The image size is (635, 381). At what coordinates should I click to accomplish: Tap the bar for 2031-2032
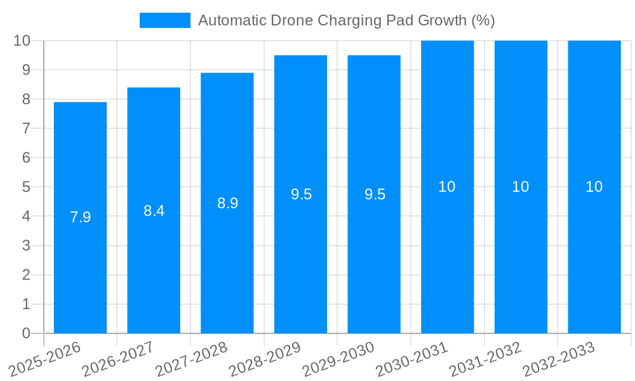pos(521,254)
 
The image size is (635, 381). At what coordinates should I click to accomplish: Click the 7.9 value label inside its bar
pos(80,217)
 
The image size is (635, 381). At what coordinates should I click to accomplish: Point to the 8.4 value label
pos(154,211)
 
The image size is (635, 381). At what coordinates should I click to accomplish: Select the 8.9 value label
pos(227,203)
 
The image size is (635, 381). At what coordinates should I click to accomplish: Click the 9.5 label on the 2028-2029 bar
pos(301,194)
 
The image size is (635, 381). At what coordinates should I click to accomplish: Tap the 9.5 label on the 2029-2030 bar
pos(375,194)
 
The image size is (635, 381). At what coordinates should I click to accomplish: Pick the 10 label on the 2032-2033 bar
pos(594,187)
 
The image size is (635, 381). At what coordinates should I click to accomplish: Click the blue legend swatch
pos(165,20)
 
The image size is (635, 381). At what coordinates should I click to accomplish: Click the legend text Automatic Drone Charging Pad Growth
pos(346,20)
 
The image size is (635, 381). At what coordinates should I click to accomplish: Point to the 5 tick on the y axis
pos(26,187)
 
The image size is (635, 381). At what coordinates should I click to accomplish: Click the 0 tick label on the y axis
pos(26,333)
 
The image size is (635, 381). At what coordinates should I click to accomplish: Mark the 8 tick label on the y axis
pos(26,99)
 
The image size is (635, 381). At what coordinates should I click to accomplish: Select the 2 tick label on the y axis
pos(26,275)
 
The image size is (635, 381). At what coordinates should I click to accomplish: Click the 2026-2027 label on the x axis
pos(118,359)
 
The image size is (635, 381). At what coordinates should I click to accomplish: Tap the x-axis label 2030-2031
pos(412,359)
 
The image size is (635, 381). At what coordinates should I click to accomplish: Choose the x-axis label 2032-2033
pos(559,359)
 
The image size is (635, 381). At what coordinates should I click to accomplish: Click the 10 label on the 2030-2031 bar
pos(447,187)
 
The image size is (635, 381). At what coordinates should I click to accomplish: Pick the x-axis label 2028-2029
pos(265,359)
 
